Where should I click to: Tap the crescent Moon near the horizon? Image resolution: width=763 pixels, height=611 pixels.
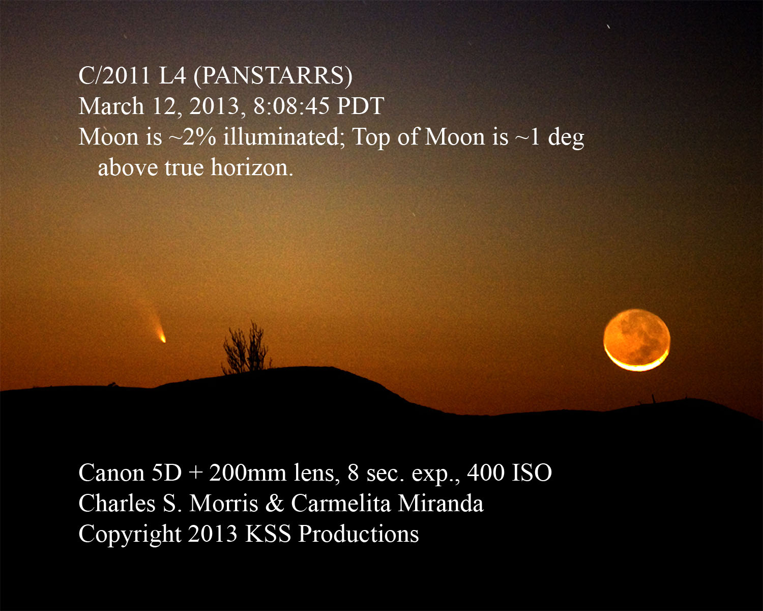pos(637,340)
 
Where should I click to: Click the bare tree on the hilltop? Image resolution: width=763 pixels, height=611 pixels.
pos(246,347)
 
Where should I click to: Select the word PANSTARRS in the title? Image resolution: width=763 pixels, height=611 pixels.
pos(273,75)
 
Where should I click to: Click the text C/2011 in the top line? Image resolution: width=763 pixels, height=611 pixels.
pos(114,75)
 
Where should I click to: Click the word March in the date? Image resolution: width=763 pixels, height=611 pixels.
pos(111,106)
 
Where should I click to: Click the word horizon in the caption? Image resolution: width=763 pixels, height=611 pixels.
pos(252,167)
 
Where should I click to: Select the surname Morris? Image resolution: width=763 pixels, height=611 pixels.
pos(223,504)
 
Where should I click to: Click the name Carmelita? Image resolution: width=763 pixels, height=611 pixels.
pos(341,504)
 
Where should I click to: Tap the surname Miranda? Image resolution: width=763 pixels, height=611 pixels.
pos(441,504)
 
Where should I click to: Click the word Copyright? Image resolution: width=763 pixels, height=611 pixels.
pos(129,534)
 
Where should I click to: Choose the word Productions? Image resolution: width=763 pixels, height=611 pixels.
pos(359,534)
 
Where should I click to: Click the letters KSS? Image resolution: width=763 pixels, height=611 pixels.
pos(268,534)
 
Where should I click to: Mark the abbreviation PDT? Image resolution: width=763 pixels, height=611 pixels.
pos(360,106)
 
